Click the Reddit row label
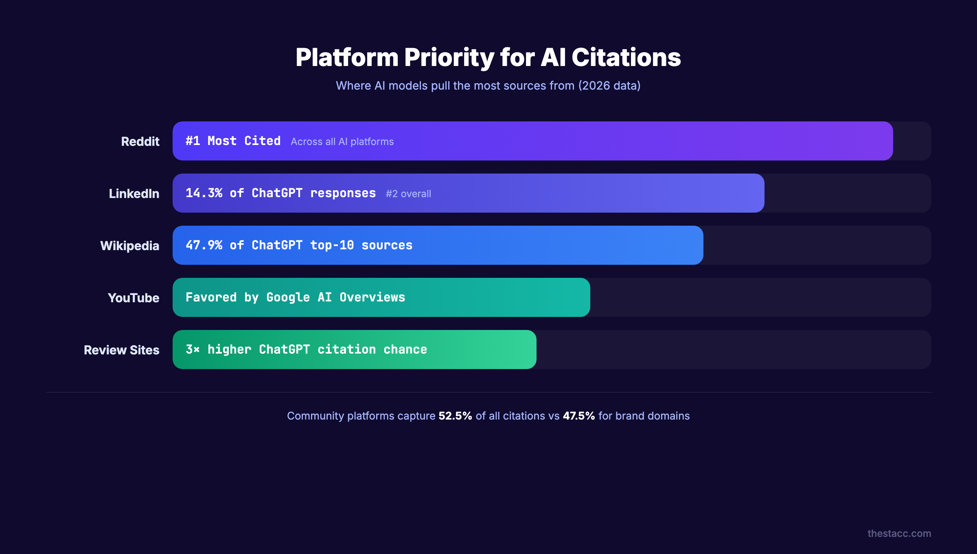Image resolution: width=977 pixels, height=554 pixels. point(140,141)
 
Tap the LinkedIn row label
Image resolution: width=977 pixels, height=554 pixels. point(134,193)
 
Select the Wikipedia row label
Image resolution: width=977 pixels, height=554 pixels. point(129,246)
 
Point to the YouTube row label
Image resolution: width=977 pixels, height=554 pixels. point(133,298)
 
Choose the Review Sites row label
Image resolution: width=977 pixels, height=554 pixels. point(121,350)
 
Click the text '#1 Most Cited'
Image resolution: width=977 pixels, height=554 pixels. point(233,141)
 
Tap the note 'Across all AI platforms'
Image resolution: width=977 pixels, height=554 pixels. point(342,142)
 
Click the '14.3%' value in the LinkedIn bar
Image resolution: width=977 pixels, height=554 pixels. point(204,193)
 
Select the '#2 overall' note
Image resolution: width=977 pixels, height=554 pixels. point(408,194)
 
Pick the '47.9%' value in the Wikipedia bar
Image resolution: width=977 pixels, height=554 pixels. point(204,245)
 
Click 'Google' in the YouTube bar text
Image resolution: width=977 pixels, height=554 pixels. point(288,297)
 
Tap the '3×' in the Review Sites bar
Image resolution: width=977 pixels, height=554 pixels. point(193,350)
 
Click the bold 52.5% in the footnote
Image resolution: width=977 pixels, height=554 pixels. point(455,416)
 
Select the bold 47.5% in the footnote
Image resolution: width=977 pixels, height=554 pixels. point(578,416)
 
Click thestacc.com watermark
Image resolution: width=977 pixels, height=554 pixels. point(899,534)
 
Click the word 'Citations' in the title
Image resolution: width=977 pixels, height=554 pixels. point(626,57)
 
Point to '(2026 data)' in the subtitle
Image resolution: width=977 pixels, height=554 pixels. point(609,86)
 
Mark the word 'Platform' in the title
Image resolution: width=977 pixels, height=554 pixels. point(347,57)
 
